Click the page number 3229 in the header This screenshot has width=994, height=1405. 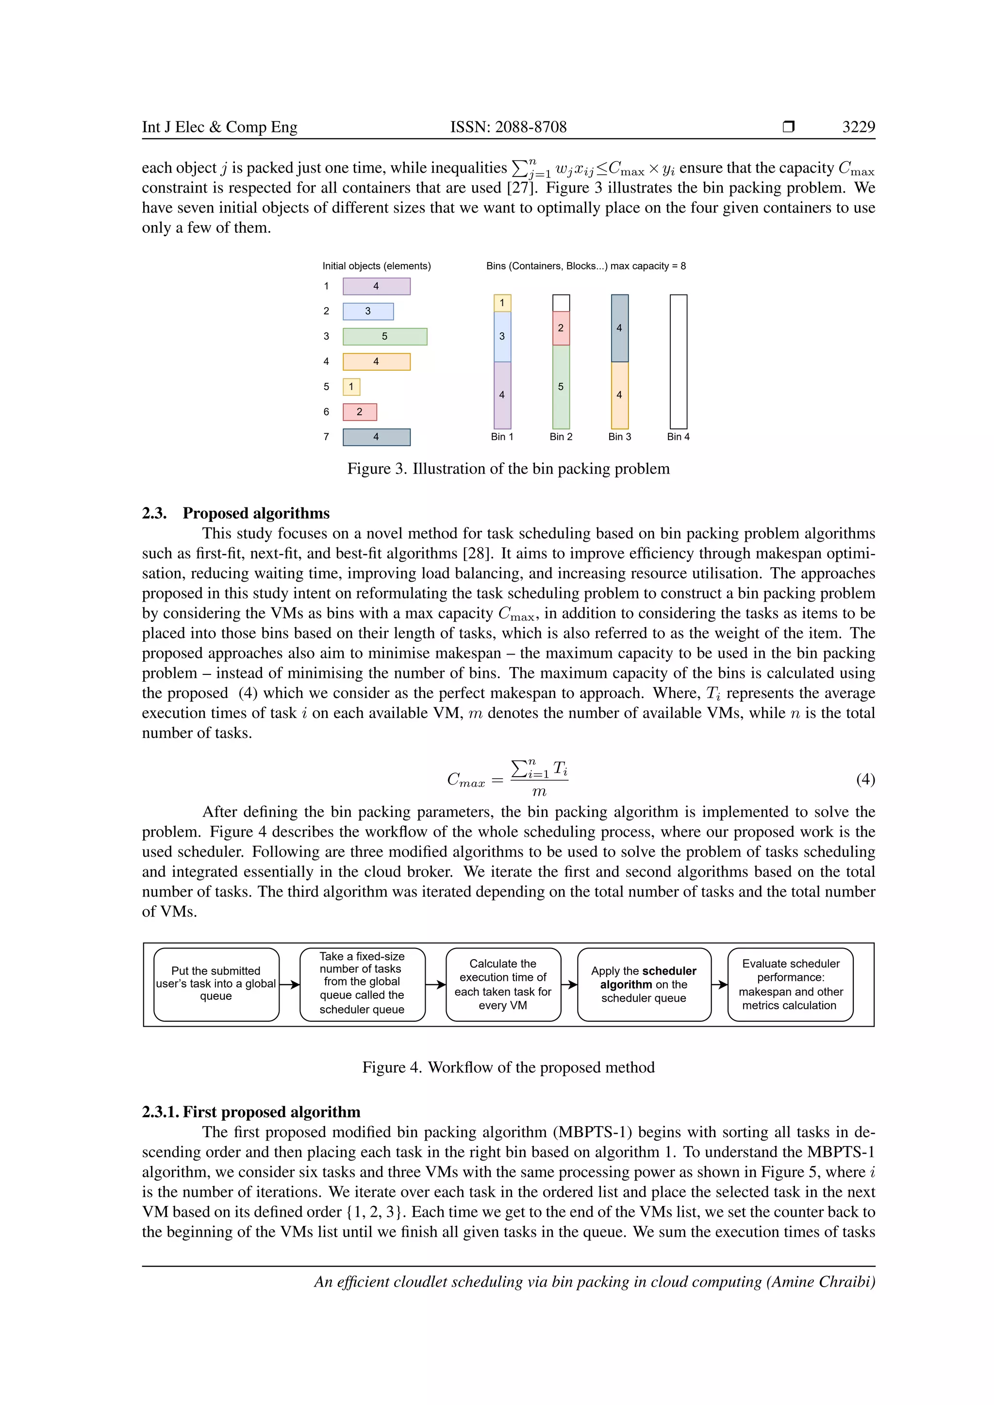point(858,127)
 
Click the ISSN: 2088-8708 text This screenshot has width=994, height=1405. point(508,127)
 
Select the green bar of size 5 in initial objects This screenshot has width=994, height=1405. point(384,337)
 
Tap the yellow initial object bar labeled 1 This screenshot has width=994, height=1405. point(351,387)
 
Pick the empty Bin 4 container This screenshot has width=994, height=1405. point(678,361)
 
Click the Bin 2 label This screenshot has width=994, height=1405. point(561,437)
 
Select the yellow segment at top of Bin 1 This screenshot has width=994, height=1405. point(502,303)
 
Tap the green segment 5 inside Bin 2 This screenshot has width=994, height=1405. point(561,387)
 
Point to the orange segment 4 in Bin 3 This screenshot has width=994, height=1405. point(619,395)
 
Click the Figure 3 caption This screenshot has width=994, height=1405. point(508,469)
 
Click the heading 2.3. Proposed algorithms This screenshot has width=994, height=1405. point(236,513)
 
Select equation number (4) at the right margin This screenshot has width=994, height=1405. point(865,779)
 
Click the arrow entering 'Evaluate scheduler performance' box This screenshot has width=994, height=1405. point(720,984)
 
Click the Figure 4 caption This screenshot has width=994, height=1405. point(508,1067)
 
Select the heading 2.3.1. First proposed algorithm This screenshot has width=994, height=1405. point(251,1112)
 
